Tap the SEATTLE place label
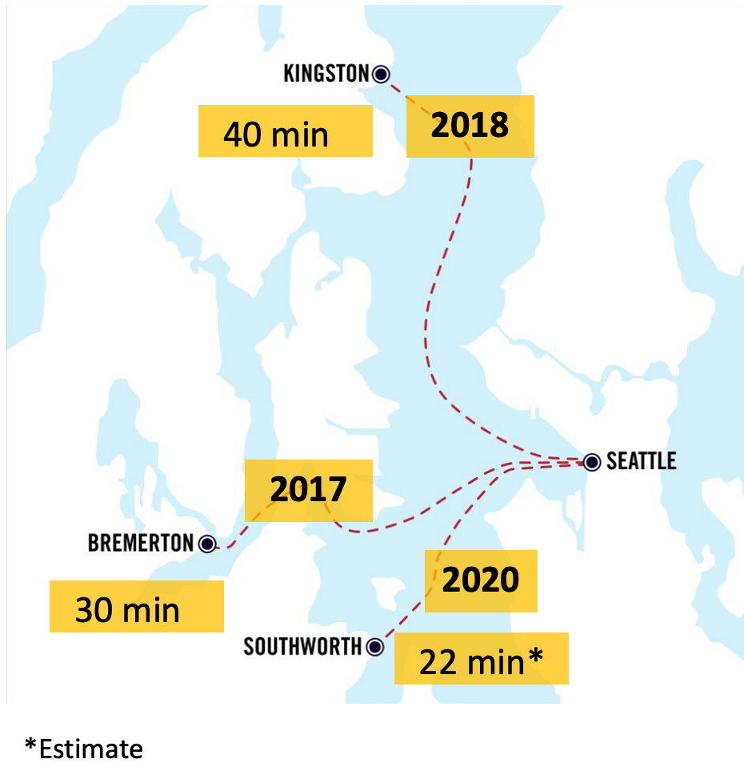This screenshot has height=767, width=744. pyautogui.click(x=641, y=461)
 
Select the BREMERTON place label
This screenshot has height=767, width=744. pyautogui.click(x=140, y=544)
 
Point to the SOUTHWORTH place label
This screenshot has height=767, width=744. pyautogui.click(x=302, y=646)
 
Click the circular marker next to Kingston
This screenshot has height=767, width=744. pyautogui.click(x=381, y=74)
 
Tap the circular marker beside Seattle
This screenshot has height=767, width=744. pyautogui.click(x=591, y=462)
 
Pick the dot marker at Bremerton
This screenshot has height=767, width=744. pyautogui.click(x=207, y=544)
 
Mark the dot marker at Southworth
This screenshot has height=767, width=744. pyautogui.click(x=374, y=646)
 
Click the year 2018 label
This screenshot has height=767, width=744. pyautogui.click(x=470, y=126)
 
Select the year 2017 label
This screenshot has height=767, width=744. pyautogui.click(x=308, y=489)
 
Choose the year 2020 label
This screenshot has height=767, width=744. pyautogui.click(x=481, y=580)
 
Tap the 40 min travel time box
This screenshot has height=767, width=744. pyautogui.click(x=285, y=134)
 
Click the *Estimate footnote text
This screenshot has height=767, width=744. pyautogui.click(x=84, y=749)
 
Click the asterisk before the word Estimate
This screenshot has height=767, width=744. pyautogui.click(x=31, y=746)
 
